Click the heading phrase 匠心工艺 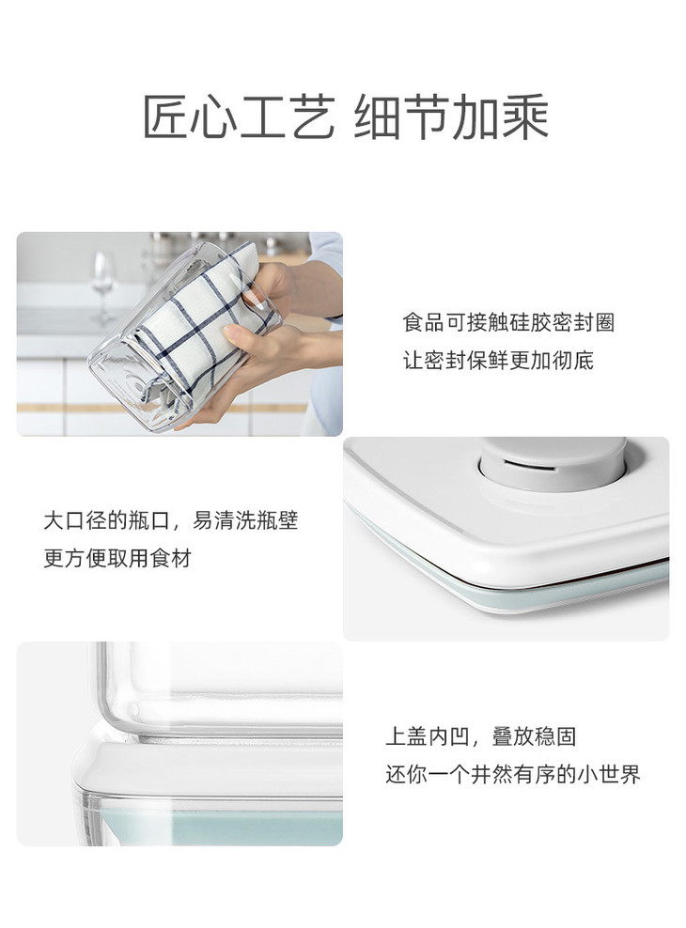click(x=239, y=116)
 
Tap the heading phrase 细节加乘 click(x=451, y=116)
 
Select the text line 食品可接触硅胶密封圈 click(x=508, y=323)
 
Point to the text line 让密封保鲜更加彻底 click(x=498, y=360)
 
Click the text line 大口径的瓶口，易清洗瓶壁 click(x=171, y=520)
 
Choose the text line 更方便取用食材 click(x=117, y=559)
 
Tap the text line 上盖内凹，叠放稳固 click(x=480, y=736)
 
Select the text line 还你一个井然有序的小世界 click(x=513, y=774)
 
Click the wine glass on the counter click(x=103, y=287)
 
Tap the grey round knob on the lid click(x=553, y=465)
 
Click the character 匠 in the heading click(x=166, y=116)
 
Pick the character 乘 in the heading click(x=525, y=116)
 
